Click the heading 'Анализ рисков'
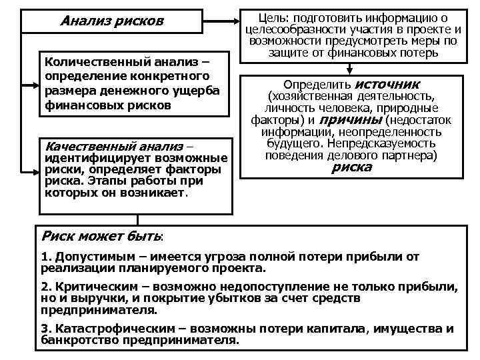coord(111,21)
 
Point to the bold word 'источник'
coord(387,85)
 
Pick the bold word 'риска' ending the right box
coord(351,167)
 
